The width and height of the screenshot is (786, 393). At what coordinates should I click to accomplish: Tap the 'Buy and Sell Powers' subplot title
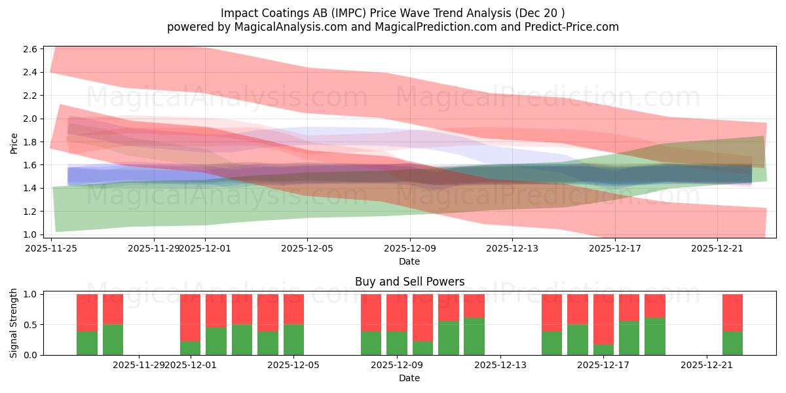409,282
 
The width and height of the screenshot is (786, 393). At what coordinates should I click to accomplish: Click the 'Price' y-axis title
14,142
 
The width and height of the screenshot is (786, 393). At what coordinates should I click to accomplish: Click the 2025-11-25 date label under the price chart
51,248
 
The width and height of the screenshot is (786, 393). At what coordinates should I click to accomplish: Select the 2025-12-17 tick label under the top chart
614,248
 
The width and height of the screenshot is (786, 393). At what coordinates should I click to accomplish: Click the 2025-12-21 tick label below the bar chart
707,365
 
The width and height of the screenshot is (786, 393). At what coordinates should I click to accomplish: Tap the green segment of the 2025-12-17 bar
603,350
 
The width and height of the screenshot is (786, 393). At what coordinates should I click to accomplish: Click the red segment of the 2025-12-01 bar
191,318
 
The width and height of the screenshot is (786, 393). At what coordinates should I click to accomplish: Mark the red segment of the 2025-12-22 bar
732,312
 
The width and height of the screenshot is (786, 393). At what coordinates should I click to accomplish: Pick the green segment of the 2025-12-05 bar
293,340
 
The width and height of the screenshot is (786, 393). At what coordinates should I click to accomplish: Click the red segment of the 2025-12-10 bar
422,318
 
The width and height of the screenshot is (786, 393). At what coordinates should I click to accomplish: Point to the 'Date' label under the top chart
409,261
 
